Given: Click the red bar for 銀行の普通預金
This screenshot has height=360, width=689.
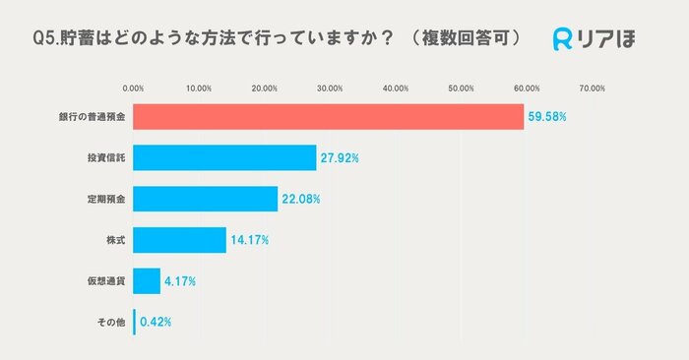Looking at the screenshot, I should (x=328, y=117).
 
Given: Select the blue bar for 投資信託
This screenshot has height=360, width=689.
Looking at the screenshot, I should (x=224, y=157).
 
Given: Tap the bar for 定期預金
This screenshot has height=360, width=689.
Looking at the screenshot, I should (x=205, y=199).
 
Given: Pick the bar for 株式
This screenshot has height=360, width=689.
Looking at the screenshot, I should (x=179, y=239).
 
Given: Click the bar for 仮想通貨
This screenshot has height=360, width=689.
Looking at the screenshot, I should (x=147, y=281).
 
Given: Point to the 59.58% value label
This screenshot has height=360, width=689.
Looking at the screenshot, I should (x=546, y=117).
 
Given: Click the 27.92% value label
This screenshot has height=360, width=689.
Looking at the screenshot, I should (x=340, y=158).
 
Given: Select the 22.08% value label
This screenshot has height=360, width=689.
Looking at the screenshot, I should (x=301, y=199).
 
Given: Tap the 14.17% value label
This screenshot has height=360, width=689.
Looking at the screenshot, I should (x=250, y=240).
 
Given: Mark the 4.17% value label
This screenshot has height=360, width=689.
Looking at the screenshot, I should (x=180, y=281).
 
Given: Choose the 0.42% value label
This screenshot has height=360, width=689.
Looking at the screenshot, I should (x=157, y=322).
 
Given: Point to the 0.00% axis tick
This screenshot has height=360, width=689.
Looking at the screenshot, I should (x=133, y=89).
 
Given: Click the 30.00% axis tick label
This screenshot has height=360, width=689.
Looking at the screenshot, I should (x=330, y=89).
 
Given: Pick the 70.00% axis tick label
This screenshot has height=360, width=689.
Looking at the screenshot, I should (x=592, y=89).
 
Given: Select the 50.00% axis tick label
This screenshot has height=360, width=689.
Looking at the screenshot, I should (x=461, y=89).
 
